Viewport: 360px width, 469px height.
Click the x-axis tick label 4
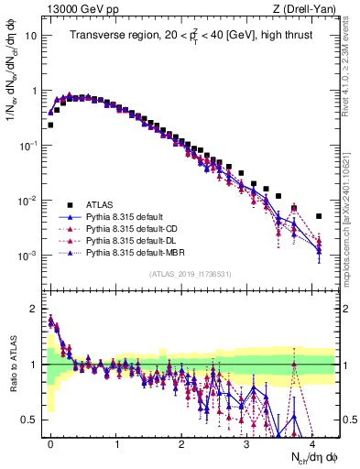pos(312,442)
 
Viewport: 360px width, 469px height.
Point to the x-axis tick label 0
pos(51,442)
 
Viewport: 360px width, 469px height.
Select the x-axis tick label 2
pos(181,442)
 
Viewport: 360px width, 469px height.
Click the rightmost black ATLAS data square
pos(319,216)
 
